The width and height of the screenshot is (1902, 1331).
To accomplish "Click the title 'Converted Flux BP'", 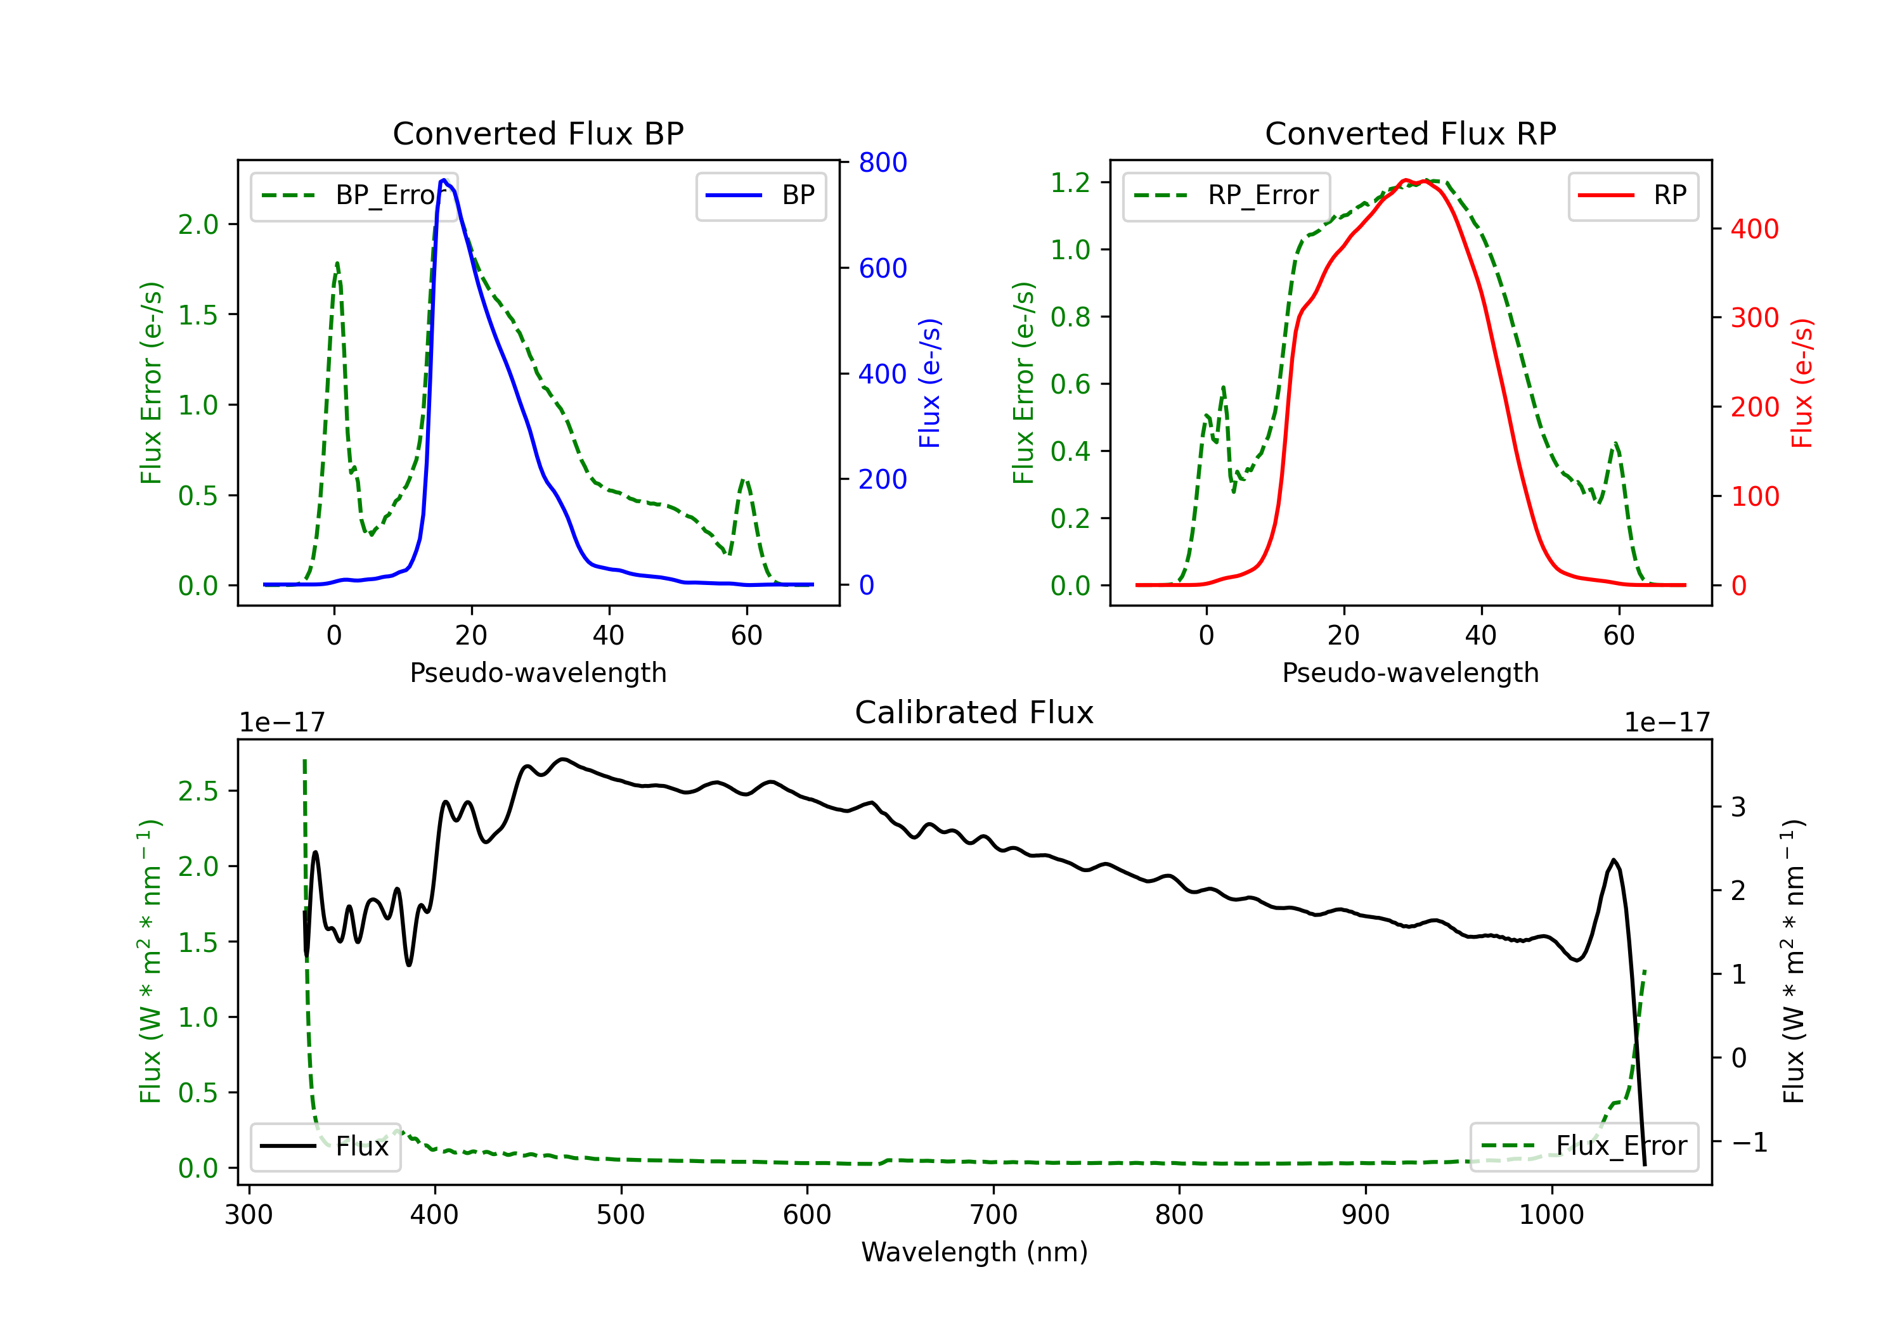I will pos(538,133).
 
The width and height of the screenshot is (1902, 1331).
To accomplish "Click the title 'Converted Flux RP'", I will pos(1410,133).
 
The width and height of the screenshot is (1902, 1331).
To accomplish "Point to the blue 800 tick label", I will pos(883,162).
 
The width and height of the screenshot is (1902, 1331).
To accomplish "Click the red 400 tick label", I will pos(1754,229).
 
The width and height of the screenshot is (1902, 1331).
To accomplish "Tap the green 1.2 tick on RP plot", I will pos(1070,182).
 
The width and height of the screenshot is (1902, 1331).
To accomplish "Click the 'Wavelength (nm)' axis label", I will pos(974,1252).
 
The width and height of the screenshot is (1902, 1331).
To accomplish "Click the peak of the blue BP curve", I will pos(444,181).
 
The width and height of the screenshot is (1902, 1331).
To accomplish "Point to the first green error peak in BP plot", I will pos(337,264).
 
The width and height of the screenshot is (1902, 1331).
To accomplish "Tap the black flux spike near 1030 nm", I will pos(1613,861).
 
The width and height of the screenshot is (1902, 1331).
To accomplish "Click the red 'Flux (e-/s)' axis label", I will pos(1801,383).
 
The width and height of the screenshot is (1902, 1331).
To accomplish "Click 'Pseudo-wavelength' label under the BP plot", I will pos(538,672).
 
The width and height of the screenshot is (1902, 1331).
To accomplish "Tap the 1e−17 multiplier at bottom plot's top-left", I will pos(281,723).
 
